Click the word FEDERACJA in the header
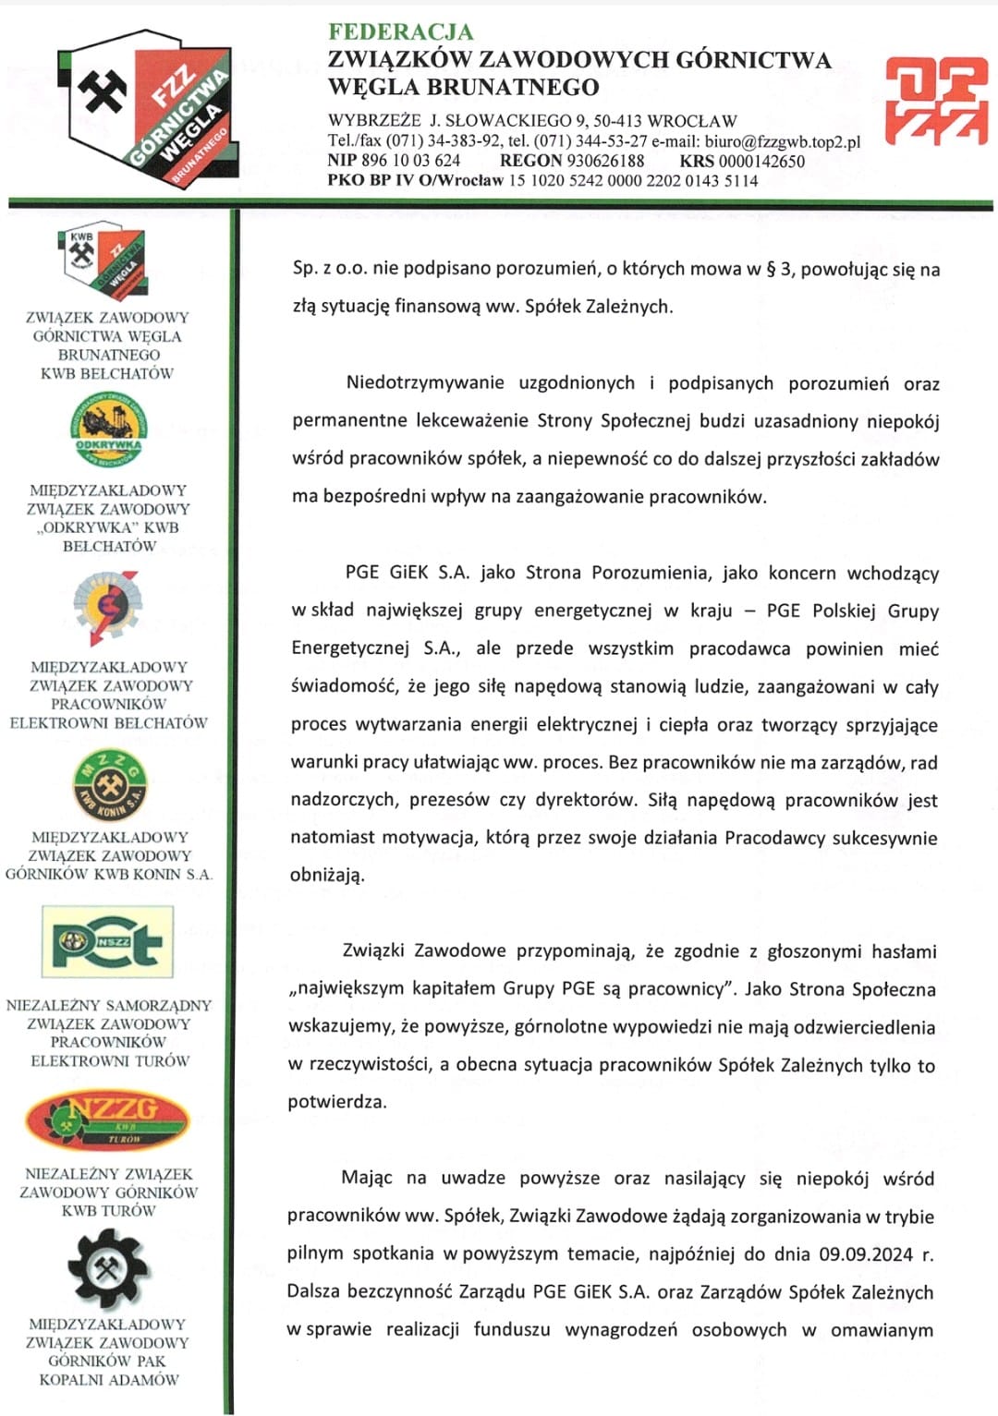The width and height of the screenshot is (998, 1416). (400, 31)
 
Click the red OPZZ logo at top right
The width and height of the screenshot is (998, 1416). (936, 102)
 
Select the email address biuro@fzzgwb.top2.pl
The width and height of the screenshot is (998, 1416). (782, 141)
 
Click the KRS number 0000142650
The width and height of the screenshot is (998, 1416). (761, 161)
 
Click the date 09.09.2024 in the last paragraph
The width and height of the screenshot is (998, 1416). (866, 1254)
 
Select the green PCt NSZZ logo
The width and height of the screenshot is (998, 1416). (108, 942)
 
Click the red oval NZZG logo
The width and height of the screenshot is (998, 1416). (108, 1119)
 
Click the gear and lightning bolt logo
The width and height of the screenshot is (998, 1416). (108, 606)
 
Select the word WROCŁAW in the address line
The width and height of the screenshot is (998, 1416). (692, 121)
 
